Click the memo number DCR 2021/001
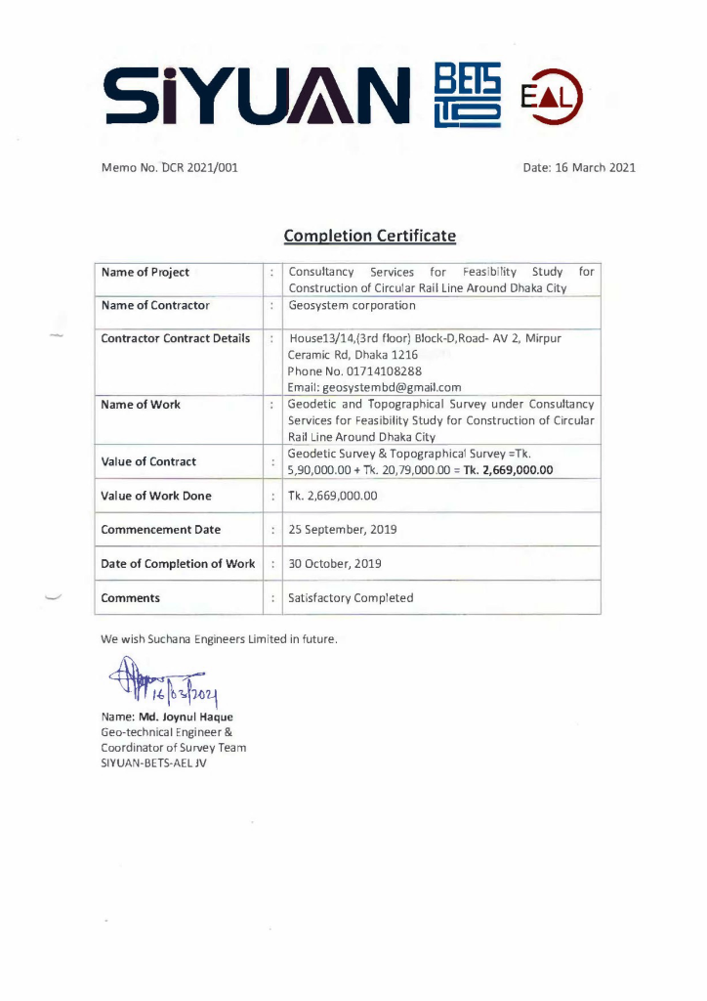196,167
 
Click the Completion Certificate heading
370,236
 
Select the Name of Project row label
146,272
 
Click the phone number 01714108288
354,370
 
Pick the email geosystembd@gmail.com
375,387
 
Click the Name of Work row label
141,404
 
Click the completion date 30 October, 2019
335,563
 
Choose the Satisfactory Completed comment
351,597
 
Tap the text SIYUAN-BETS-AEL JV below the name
154,762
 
